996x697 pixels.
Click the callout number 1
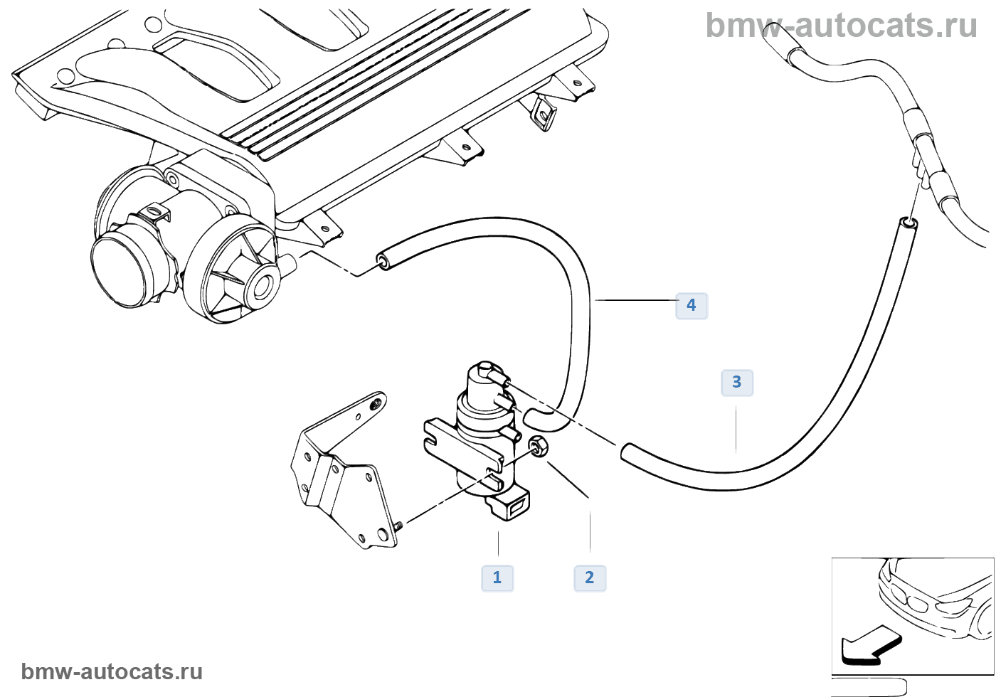[497, 578]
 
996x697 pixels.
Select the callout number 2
[590, 578]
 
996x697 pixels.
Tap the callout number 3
[737, 383]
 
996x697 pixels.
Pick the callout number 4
[691, 305]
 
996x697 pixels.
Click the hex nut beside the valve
[539, 447]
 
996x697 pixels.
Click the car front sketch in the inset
[932, 597]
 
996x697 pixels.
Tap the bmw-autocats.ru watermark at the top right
[841, 26]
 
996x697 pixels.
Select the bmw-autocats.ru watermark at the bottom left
[112, 671]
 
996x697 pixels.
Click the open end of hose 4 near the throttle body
[383, 260]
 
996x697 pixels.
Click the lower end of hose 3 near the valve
[627, 452]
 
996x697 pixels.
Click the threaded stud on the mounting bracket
[398, 526]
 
